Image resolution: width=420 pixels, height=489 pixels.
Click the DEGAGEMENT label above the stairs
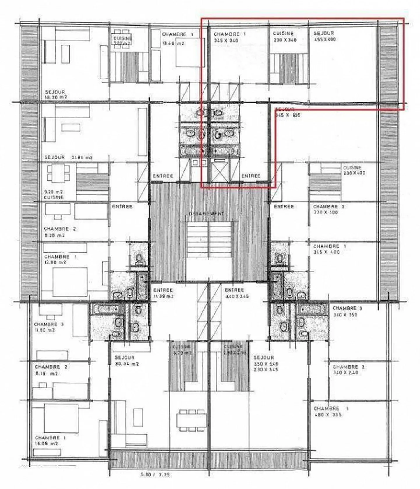pos(206,213)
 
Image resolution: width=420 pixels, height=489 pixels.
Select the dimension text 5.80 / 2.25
pos(155,475)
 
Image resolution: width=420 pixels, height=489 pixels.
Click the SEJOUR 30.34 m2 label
pos(126,360)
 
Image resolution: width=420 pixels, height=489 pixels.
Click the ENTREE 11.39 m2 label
pos(163,293)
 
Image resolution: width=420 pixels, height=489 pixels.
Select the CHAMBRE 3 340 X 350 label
pos(345,311)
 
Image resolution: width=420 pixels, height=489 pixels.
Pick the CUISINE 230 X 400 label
pos(354,170)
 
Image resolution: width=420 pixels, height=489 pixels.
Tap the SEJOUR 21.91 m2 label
pos(69,157)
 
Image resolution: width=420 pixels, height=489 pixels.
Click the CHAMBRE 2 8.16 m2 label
pos(51,370)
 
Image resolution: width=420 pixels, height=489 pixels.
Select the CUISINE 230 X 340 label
pos(284,36)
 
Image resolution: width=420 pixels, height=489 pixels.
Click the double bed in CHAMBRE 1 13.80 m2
pos(70,282)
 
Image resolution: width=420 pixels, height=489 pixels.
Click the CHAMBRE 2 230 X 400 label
pos(328,209)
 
